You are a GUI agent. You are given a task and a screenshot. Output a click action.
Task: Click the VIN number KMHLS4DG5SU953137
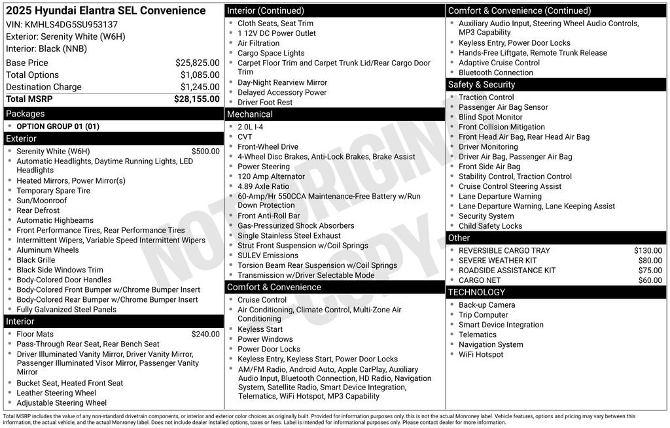pos(71,25)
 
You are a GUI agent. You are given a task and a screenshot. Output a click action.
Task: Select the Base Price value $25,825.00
pos(197,63)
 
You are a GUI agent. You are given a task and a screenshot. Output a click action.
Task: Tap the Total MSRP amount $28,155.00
pos(196,99)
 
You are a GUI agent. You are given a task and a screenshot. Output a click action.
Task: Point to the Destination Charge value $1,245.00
pos(200,87)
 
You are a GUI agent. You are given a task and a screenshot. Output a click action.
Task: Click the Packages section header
pos(26,114)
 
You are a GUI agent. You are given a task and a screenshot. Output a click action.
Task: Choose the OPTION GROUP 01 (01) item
pos(58,126)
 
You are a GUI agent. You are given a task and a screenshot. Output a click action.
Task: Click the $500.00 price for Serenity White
pos(205,151)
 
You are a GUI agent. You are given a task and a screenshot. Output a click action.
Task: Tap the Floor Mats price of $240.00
pos(205,334)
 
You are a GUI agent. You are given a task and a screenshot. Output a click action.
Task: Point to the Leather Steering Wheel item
pos(56,393)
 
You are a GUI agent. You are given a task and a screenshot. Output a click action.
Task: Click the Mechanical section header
pos(250,114)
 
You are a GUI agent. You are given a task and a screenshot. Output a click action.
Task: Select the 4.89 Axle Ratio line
pos(263,186)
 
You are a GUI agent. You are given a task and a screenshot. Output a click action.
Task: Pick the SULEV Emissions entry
pos(268,255)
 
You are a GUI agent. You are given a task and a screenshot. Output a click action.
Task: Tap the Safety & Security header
pos(482,85)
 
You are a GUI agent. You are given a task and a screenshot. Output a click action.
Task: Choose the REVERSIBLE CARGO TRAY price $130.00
pos(648,250)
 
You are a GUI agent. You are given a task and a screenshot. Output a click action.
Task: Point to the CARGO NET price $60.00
pos(650,280)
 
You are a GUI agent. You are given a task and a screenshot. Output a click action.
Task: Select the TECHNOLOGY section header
pos(476,292)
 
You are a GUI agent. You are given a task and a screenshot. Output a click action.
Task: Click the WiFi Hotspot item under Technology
pos(481,354)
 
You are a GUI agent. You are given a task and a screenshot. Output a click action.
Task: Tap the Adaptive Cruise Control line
pos(499,63)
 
